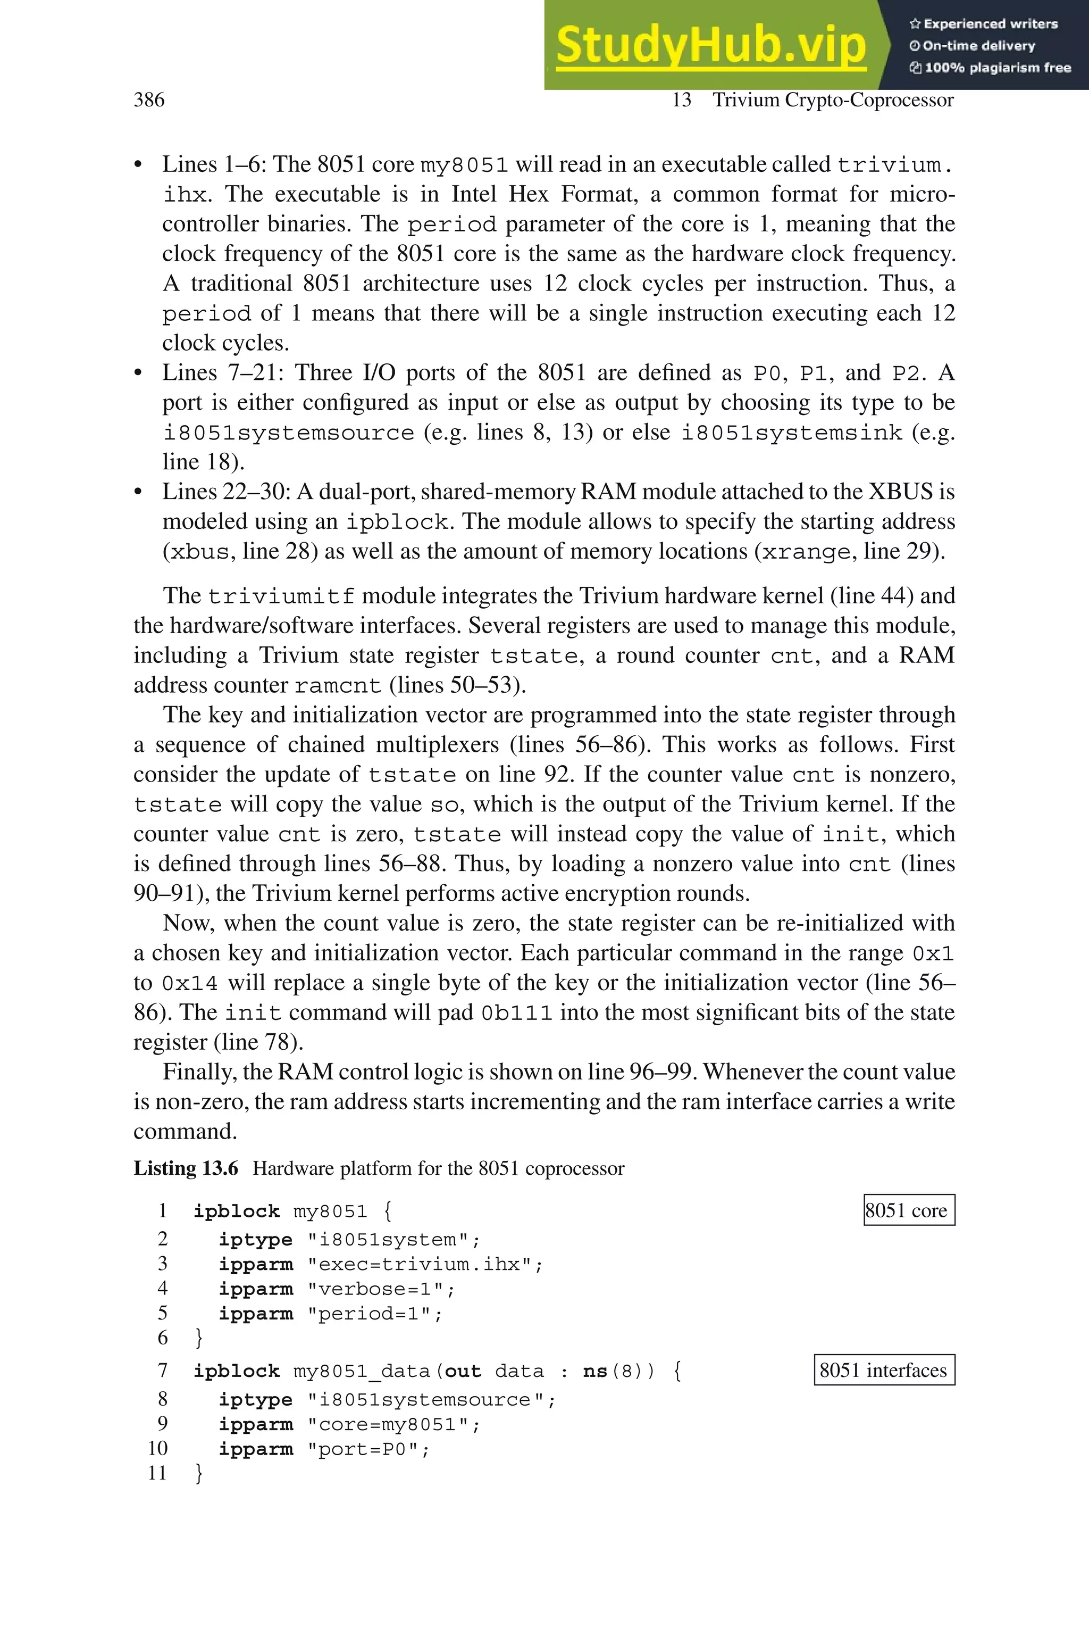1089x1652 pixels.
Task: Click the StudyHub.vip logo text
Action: click(x=710, y=45)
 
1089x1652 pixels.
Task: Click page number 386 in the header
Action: click(x=149, y=100)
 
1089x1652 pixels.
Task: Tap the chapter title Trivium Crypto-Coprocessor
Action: click(x=833, y=100)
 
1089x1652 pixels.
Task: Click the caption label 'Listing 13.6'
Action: click(x=186, y=1168)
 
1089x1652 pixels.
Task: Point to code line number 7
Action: click(x=163, y=1371)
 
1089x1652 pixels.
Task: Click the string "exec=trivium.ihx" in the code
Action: click(x=424, y=1264)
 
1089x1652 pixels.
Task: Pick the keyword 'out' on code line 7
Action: click(x=463, y=1371)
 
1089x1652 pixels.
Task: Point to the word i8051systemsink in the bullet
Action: click(x=791, y=433)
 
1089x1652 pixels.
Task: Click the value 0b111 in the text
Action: click(x=517, y=1013)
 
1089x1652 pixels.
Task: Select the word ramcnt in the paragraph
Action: click(x=338, y=686)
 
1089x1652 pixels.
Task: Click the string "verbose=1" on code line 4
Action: click(x=381, y=1289)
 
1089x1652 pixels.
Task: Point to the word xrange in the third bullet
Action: click(x=806, y=552)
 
